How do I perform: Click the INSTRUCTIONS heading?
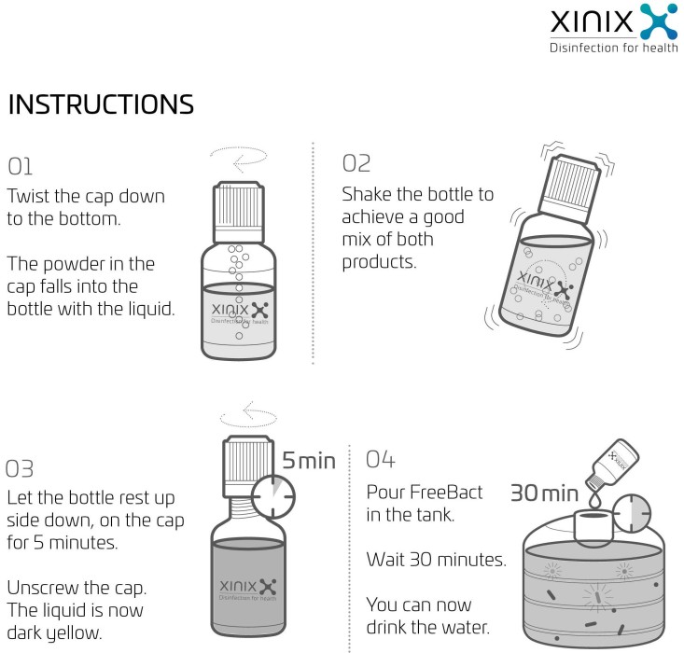click(x=101, y=104)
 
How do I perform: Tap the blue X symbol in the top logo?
click(x=659, y=21)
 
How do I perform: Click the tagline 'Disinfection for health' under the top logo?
click(x=614, y=48)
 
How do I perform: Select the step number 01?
click(x=21, y=167)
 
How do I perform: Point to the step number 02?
click(x=356, y=163)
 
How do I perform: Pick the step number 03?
click(x=20, y=469)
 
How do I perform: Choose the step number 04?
click(x=381, y=460)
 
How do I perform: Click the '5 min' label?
click(x=309, y=461)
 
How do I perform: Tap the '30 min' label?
click(x=544, y=493)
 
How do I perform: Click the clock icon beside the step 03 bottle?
click(x=273, y=497)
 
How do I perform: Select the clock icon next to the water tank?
click(x=632, y=514)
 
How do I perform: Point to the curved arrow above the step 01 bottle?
click(x=239, y=160)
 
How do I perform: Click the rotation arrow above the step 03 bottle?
click(x=248, y=414)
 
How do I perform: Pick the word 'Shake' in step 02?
click(x=366, y=195)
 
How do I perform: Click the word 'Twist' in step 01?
click(x=28, y=196)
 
